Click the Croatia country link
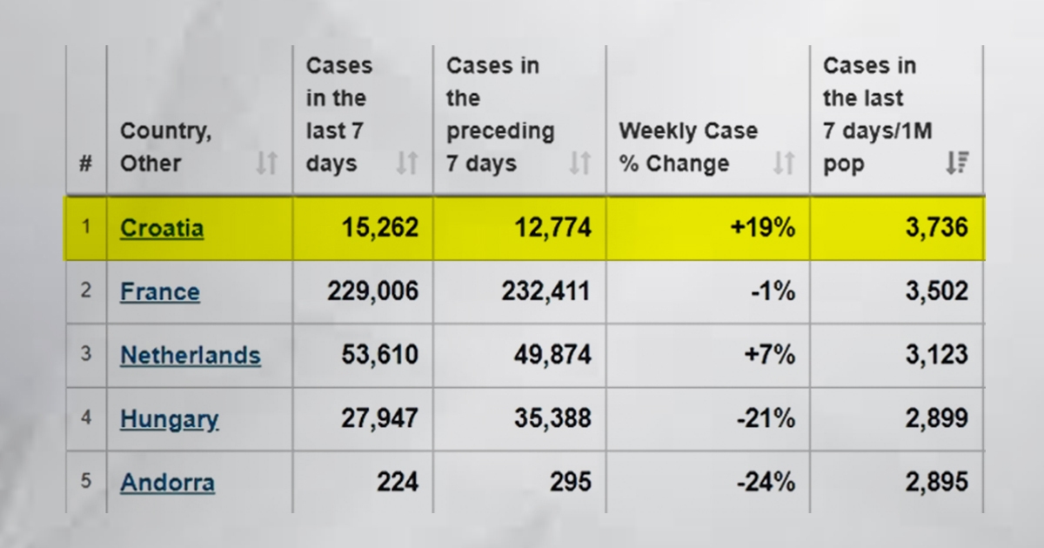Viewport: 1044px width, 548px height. tap(162, 228)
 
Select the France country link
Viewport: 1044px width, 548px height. tap(160, 292)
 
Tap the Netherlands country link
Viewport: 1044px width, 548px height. tap(191, 356)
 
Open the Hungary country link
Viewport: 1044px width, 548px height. tap(169, 419)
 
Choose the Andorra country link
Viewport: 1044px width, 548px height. tap(167, 482)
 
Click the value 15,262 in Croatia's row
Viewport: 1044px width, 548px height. tap(380, 228)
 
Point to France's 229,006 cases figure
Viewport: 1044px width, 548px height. tap(373, 291)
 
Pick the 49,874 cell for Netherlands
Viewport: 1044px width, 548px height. tap(552, 355)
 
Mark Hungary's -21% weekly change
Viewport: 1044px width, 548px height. tap(766, 418)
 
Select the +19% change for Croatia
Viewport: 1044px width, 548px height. tap(763, 228)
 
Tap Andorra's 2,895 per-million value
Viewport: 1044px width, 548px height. tap(937, 482)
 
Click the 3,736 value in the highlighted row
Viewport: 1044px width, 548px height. tap(937, 228)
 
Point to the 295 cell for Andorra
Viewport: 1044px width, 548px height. tap(571, 482)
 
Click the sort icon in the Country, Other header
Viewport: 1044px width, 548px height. tap(267, 164)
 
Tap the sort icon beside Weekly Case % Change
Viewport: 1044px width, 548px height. tap(784, 164)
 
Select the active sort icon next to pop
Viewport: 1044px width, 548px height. tap(958, 164)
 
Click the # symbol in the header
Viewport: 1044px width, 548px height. tap(86, 164)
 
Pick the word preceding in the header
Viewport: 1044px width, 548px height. tap(500, 132)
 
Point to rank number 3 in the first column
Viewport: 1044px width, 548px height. tap(86, 354)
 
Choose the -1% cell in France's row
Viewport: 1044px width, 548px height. tap(773, 291)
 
